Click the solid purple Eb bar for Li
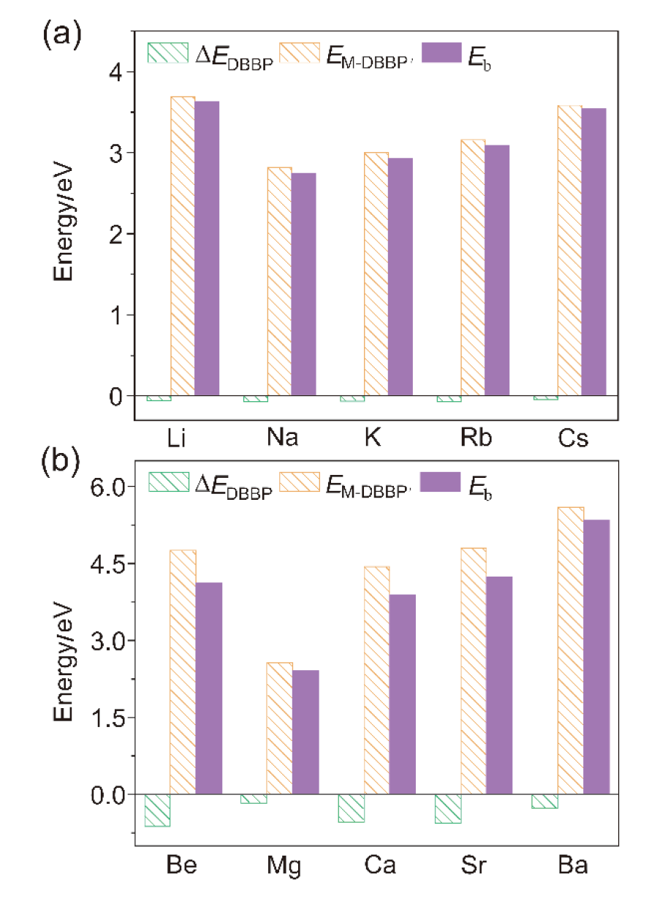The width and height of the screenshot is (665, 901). click(x=207, y=248)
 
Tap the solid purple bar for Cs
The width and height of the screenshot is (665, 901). click(x=594, y=252)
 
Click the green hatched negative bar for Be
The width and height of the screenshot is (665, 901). click(x=157, y=810)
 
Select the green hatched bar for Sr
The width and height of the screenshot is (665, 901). click(x=448, y=808)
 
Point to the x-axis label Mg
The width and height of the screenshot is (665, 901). click(x=281, y=867)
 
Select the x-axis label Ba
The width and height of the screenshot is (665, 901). click(x=571, y=867)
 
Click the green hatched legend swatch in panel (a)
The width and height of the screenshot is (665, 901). click(x=168, y=53)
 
